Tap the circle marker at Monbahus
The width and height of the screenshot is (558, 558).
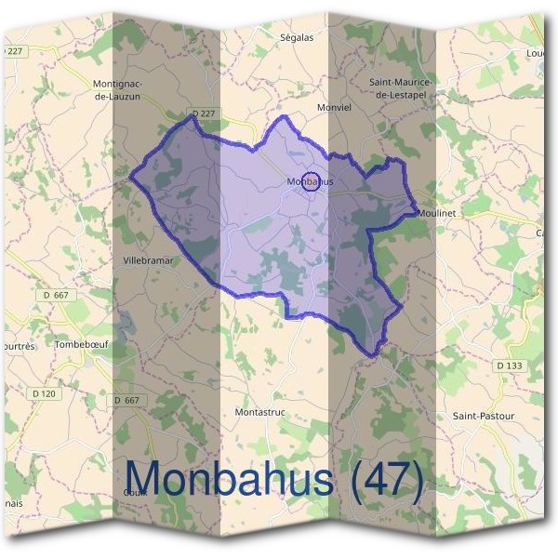312,181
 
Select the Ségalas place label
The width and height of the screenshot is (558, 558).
297,37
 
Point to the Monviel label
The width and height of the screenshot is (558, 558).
333,107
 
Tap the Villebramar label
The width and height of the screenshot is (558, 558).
149,261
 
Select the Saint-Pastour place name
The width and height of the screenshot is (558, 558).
483,415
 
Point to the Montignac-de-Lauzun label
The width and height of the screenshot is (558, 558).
117,88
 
